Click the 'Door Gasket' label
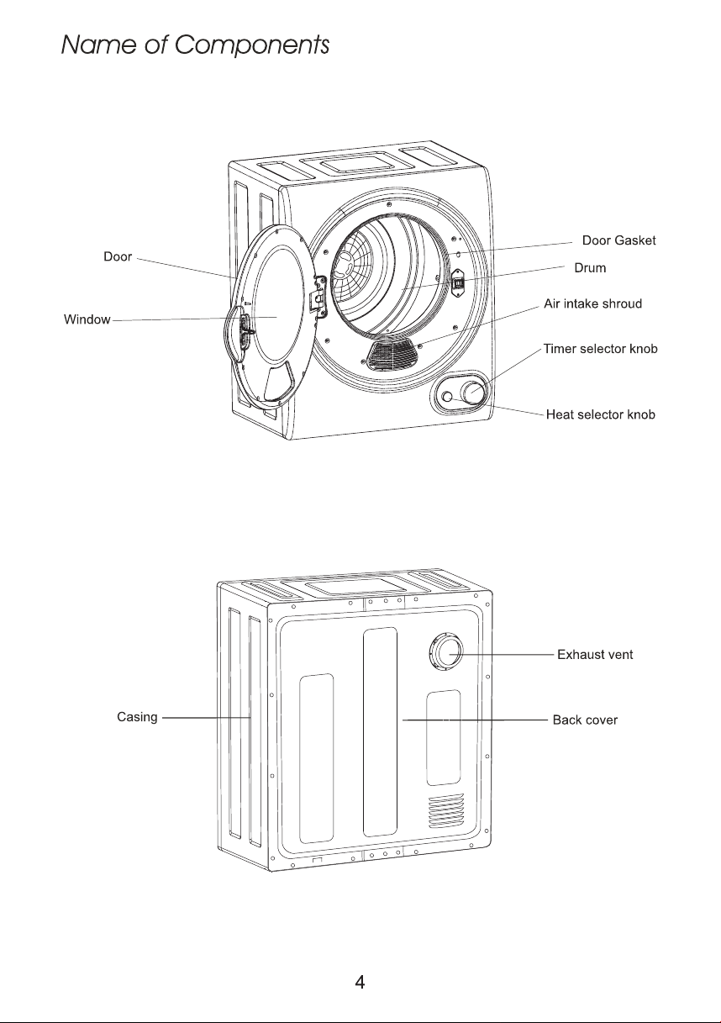pos(618,240)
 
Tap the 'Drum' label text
pos(590,268)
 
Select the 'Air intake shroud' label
pos(592,303)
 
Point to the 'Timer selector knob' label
pos(601,349)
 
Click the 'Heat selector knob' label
pos(601,414)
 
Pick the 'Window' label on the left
pos(87,319)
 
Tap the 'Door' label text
pos(118,256)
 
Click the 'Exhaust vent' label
pos(595,655)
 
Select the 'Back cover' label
pos(585,720)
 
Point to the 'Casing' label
pos(137,717)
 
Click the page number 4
pos(360,982)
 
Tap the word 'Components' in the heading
pos(251,45)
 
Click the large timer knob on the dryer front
pos(472,392)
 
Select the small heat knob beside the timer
pos(448,397)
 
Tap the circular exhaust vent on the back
pos(446,651)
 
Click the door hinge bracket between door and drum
pos(318,296)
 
